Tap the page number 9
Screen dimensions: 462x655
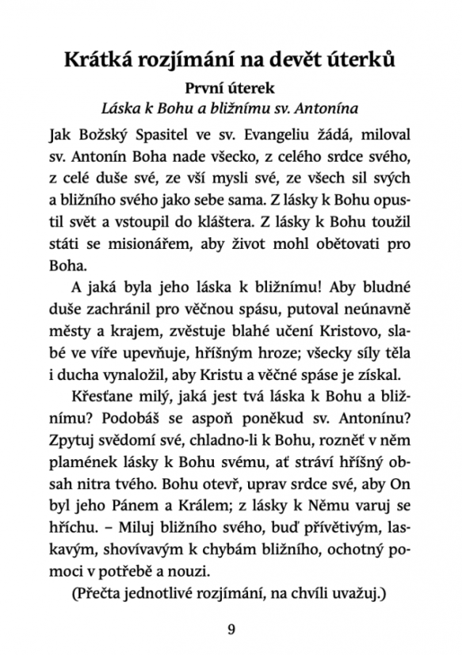click(x=231, y=630)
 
